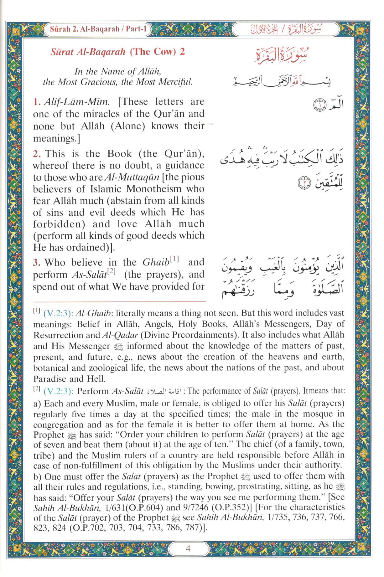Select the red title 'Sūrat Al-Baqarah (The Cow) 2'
[117, 52]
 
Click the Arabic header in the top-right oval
[285, 30]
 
